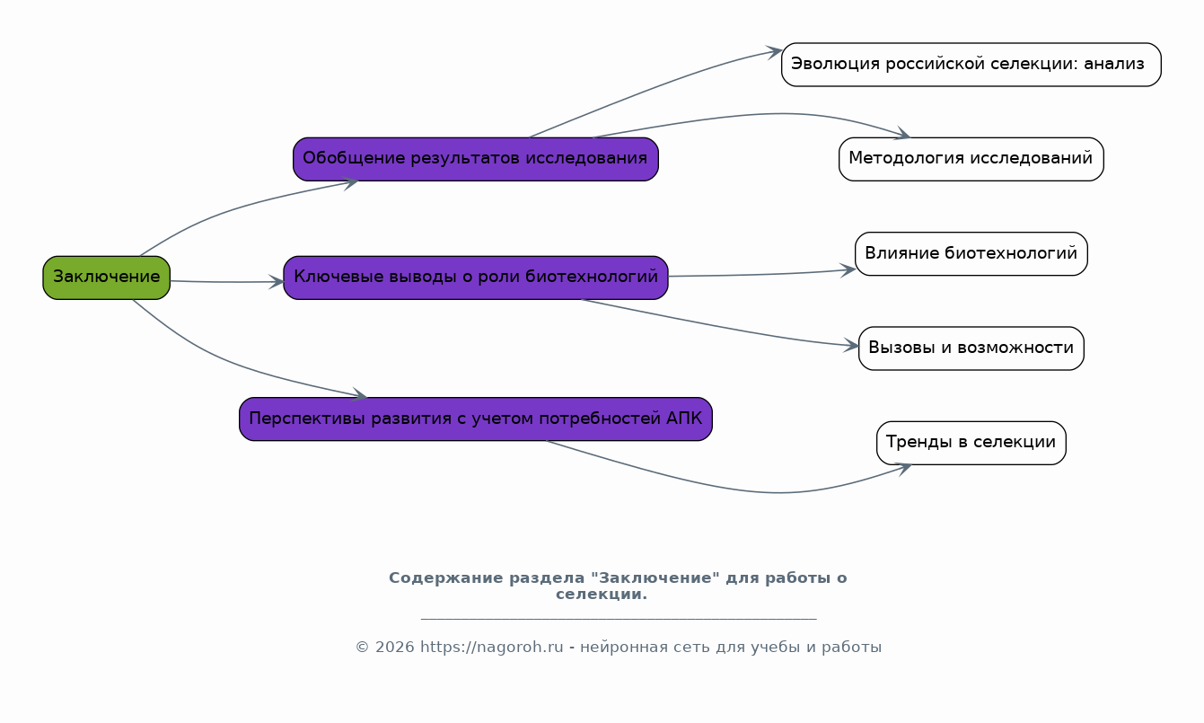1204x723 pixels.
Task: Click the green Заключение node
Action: [x=107, y=278]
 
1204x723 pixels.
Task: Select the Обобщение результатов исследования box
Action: [x=476, y=159]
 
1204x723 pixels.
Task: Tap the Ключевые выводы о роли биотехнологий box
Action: [x=476, y=278]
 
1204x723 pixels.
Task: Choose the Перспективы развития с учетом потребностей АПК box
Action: [x=476, y=419]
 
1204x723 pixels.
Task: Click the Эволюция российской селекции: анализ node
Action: [x=971, y=65]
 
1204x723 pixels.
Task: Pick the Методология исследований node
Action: [x=971, y=159]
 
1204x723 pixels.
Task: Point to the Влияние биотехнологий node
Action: [x=971, y=253]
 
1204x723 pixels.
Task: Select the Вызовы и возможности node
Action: [x=971, y=348]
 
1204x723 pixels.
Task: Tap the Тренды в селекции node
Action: [x=971, y=443]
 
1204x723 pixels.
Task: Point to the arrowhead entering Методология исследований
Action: [x=903, y=135]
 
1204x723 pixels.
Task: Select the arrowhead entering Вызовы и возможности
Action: [x=851, y=346]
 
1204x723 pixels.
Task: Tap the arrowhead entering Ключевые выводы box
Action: [x=277, y=282]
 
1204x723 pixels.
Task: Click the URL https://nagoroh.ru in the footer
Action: [x=491, y=647]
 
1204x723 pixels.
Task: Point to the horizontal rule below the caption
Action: [x=619, y=619]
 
